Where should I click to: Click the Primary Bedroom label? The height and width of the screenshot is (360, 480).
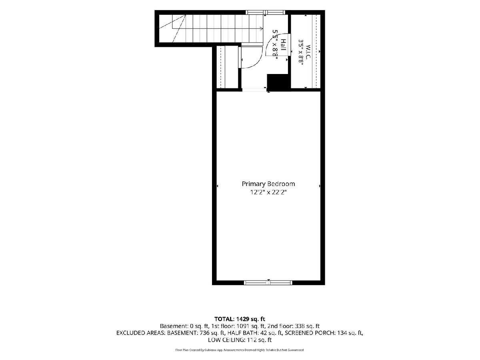tap(268, 184)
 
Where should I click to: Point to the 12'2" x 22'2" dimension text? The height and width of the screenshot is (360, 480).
tap(268, 192)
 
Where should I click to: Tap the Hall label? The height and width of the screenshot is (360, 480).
tap(283, 45)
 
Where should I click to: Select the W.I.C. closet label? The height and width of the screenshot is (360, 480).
tap(308, 52)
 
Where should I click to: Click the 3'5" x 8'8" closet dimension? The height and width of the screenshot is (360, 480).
tap(301, 52)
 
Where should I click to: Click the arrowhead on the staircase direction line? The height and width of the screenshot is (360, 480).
tap(262, 28)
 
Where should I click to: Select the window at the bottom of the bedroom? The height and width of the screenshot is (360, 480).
tap(268, 283)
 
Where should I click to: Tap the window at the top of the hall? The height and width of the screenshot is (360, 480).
tap(265, 12)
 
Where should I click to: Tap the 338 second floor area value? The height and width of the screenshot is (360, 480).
tap(300, 326)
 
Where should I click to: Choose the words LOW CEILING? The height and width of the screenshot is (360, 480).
tap(226, 340)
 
